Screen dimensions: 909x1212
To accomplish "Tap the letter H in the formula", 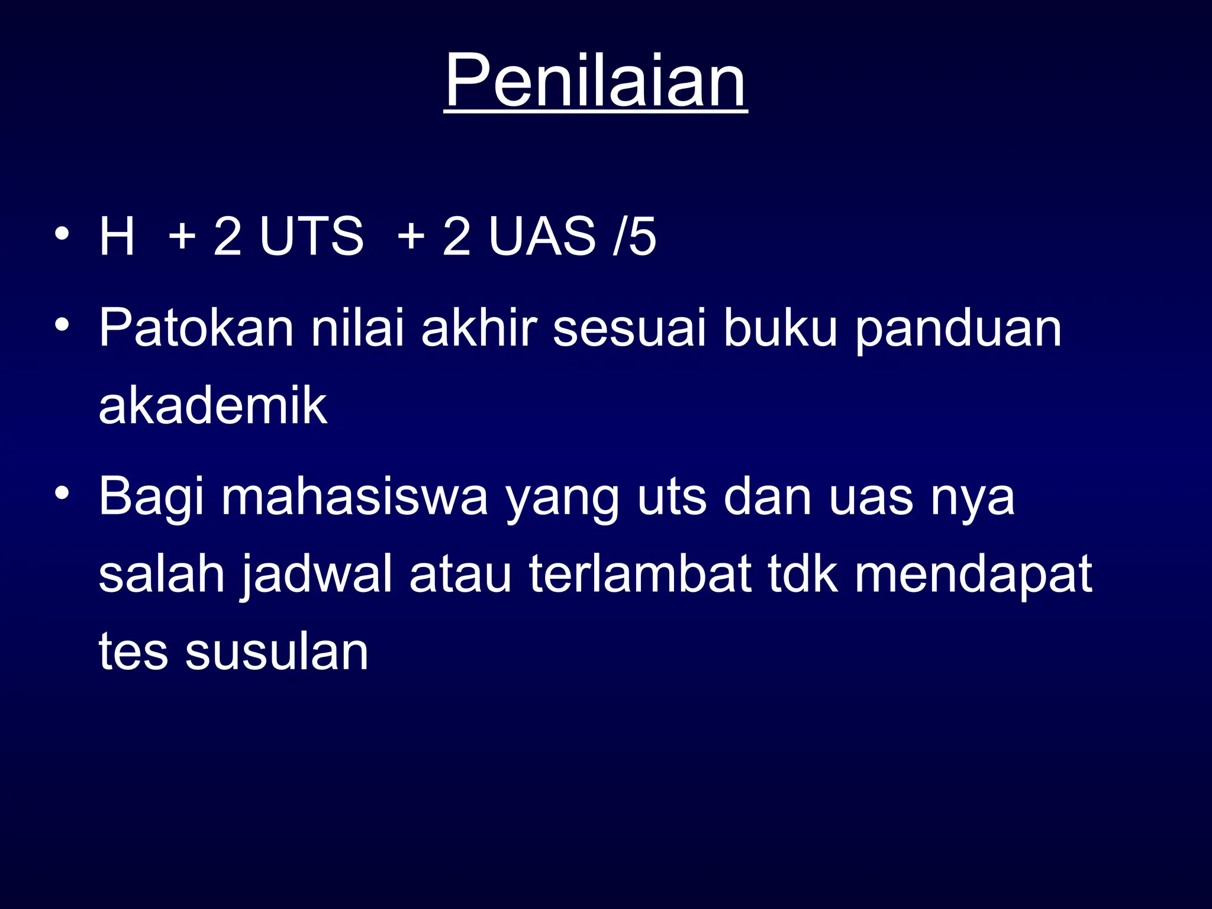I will tap(117, 236).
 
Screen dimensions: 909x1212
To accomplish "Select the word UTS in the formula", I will tap(311, 236).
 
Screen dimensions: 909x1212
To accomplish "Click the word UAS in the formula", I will tap(542, 236).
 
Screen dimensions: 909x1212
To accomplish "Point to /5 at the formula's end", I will tap(634, 236).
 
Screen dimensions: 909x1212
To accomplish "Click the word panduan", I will tap(959, 330).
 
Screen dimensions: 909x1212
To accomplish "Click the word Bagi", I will tap(151, 498).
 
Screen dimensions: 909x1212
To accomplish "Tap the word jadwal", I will tap(317, 575).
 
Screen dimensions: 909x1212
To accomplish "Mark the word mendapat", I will tap(973, 575).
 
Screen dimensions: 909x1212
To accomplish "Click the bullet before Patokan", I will tap(62, 325).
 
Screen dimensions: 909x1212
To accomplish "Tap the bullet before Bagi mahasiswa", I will tap(62, 493).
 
